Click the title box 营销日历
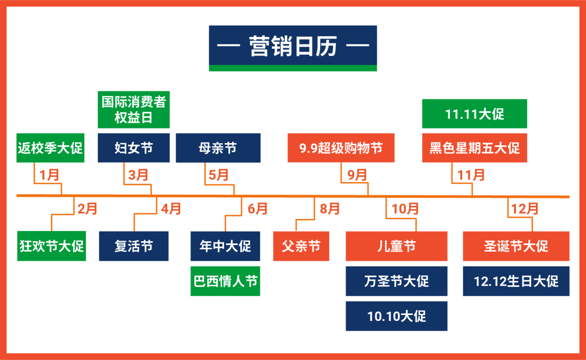(293, 47)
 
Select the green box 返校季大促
(50, 147)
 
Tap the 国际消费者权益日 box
(133, 110)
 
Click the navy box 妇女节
(133, 147)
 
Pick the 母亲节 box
(218, 147)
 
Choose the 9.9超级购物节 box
(341, 147)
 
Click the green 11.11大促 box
(474, 114)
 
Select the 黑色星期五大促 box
(474, 147)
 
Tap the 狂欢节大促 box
(52, 246)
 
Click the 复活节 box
(133, 246)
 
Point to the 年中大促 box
(225, 246)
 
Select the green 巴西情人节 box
(225, 281)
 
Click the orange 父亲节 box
(301, 246)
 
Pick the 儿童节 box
(396, 246)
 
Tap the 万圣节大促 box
(396, 281)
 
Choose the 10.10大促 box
(396, 316)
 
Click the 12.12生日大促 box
(516, 281)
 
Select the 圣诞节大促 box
(516, 246)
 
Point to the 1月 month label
(50, 175)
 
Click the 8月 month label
(330, 208)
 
